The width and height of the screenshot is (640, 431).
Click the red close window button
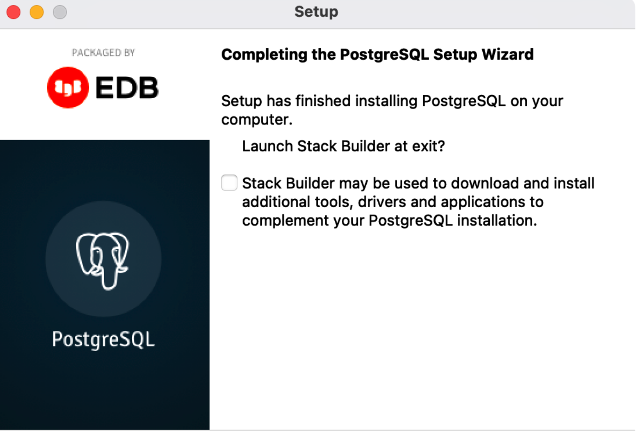point(13,12)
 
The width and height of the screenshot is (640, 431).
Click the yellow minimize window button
point(37,12)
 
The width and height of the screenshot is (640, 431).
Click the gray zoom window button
point(60,12)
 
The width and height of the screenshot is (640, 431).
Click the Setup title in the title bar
point(316,12)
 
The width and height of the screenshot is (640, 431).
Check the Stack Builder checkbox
point(229,183)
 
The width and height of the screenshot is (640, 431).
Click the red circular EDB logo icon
point(68,87)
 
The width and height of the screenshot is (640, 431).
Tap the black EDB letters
point(127,87)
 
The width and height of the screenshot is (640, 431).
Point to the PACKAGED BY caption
point(103,53)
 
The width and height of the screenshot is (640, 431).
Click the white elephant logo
point(103,261)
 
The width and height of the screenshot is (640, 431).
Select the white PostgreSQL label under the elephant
point(103,339)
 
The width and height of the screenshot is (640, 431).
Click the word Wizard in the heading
point(508,54)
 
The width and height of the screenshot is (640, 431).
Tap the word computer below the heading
point(257,120)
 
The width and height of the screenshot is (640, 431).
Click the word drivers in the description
point(382,202)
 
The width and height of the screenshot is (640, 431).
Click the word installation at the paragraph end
point(497,221)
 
